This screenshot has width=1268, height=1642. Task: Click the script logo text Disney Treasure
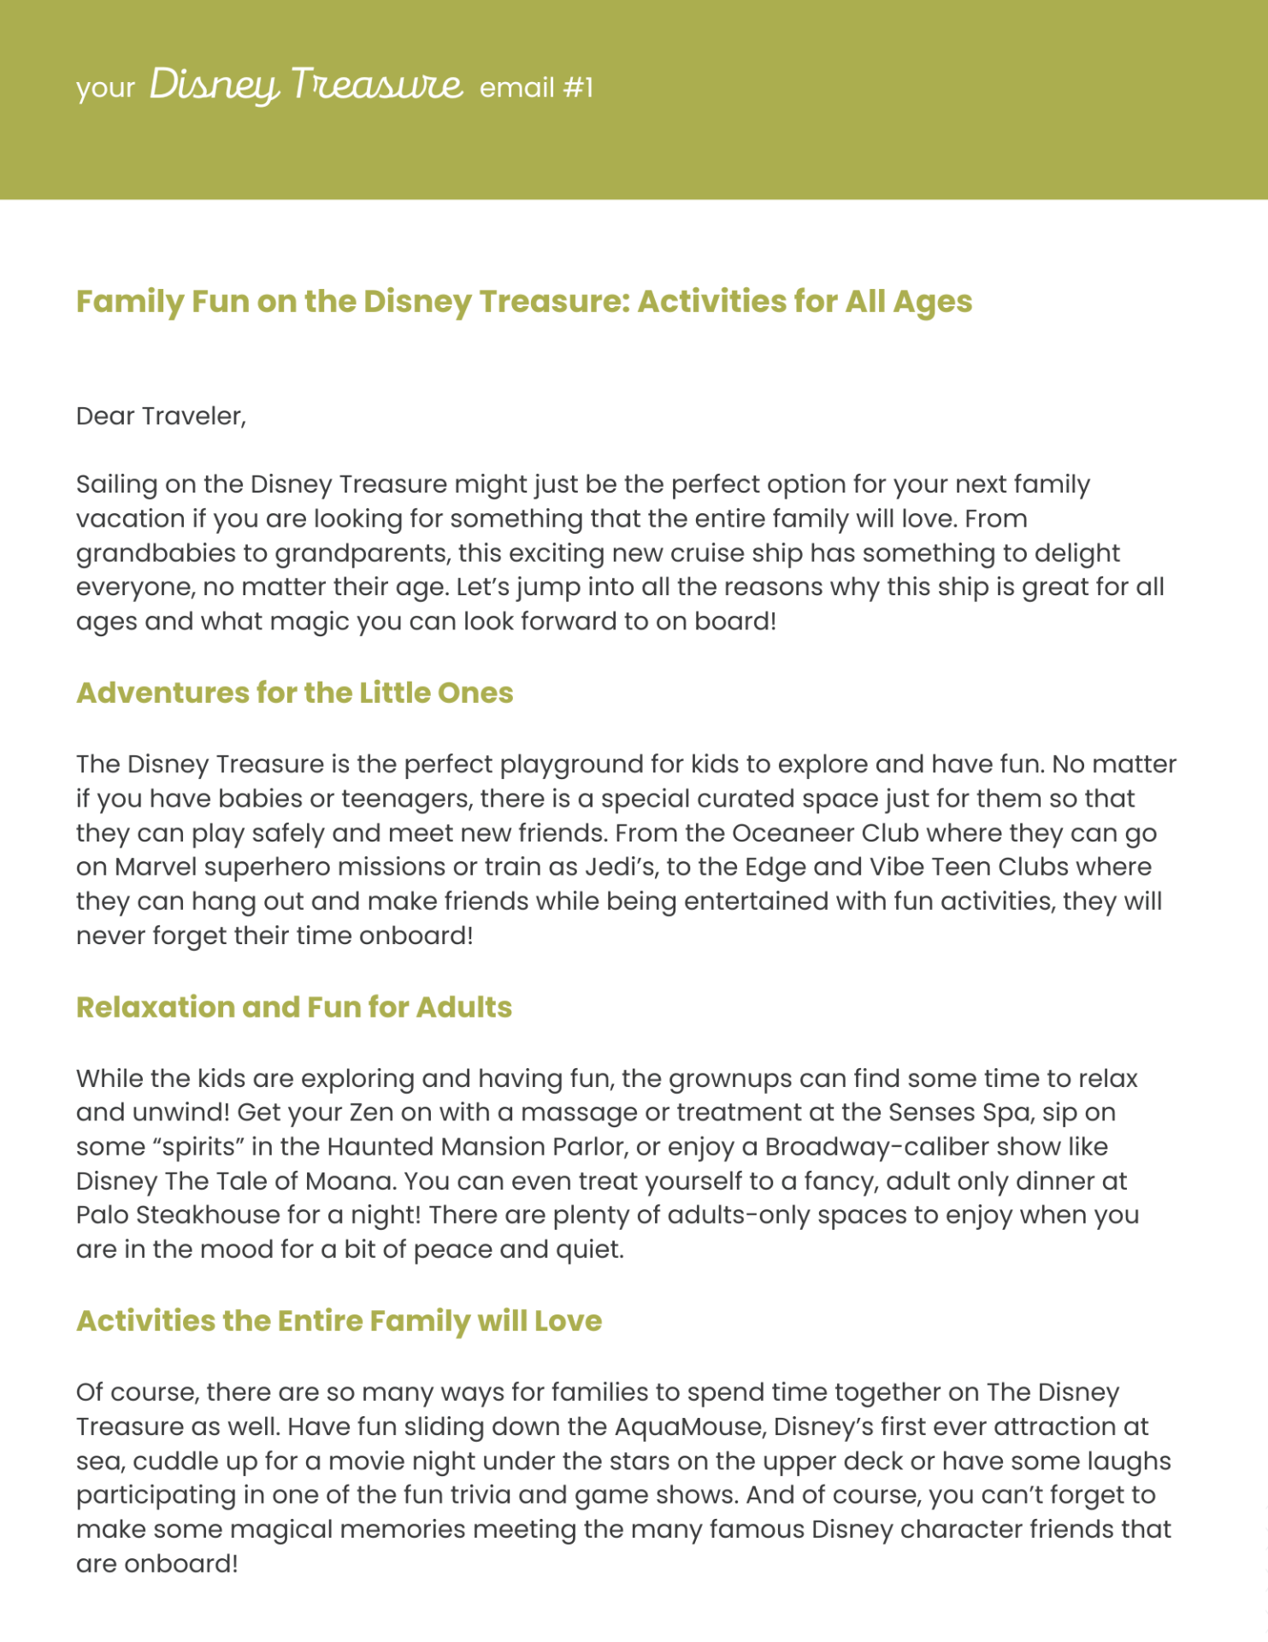(305, 86)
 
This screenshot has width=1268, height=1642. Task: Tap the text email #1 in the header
(536, 88)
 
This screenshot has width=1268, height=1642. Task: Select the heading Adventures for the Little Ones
(294, 693)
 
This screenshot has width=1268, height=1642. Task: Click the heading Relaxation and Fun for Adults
(293, 1007)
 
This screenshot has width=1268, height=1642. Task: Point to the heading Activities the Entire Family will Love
(339, 1321)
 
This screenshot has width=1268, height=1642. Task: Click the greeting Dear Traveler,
(161, 416)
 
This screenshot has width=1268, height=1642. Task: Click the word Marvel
(155, 867)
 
